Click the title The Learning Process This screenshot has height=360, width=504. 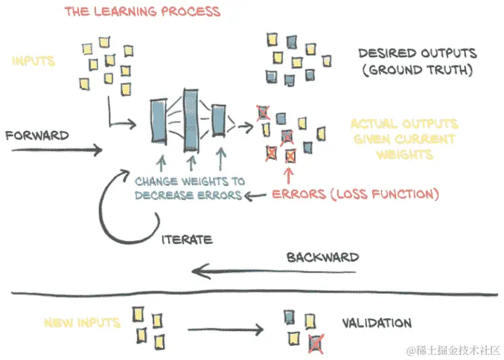point(142,12)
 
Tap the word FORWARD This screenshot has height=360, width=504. point(36,135)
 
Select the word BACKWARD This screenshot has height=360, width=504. point(322,257)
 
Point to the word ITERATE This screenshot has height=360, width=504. point(187,240)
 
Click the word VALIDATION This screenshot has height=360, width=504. point(376,324)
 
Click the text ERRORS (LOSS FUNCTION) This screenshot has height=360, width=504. point(354,195)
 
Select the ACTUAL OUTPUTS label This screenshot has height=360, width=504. point(404,123)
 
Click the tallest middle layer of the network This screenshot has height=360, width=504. point(191,119)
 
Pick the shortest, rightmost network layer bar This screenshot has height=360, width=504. point(218,120)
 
